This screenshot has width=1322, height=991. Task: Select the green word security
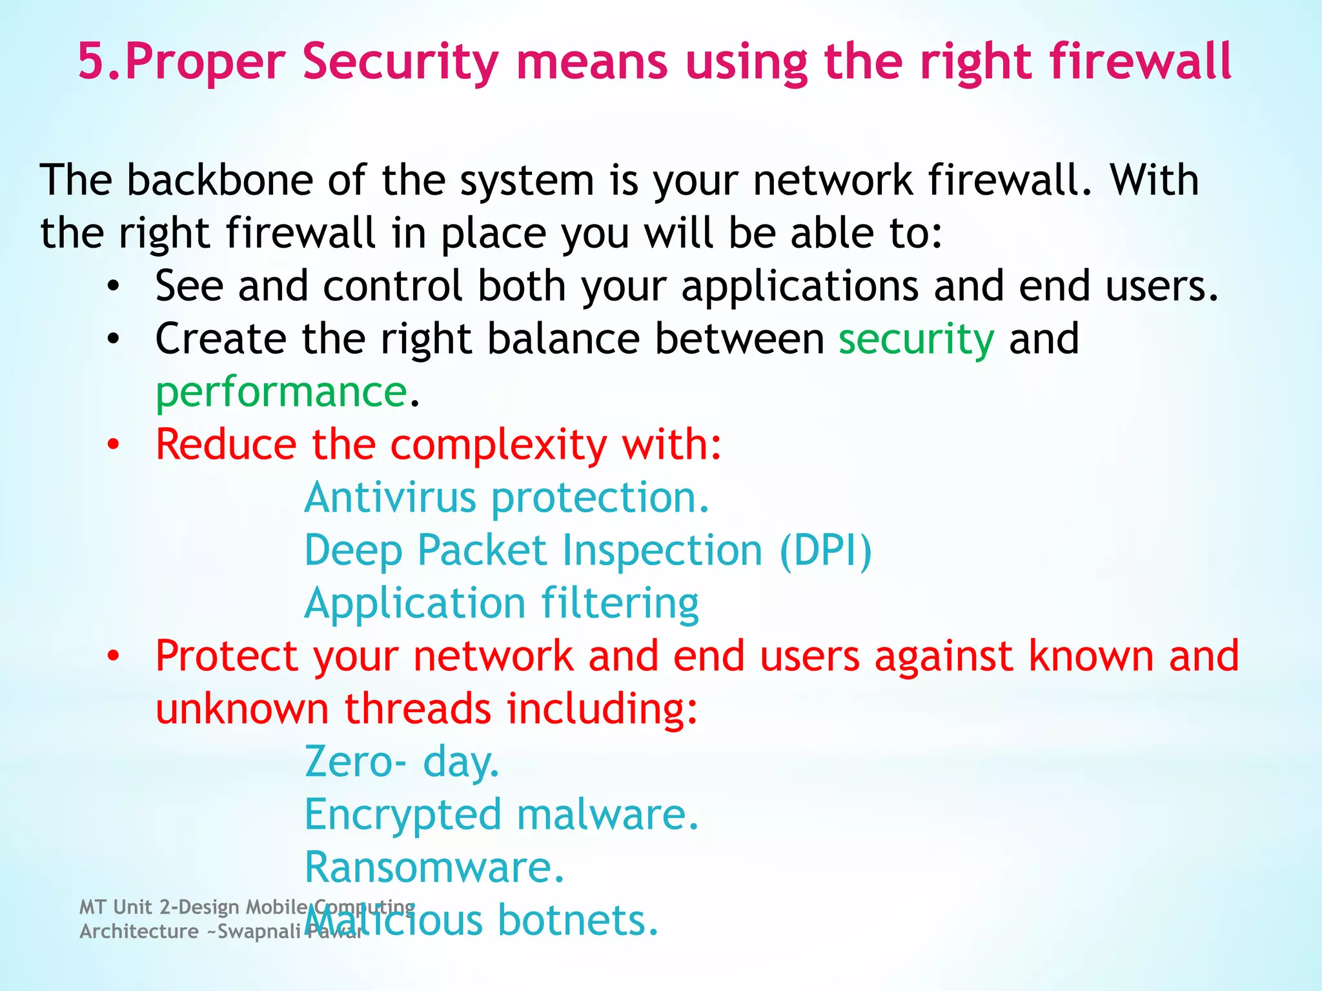click(x=916, y=339)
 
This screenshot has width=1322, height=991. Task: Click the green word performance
click(x=281, y=392)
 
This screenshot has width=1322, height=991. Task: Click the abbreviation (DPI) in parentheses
click(x=826, y=550)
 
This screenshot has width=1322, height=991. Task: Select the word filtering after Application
click(x=620, y=604)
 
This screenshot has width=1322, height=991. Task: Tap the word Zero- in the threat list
click(x=356, y=761)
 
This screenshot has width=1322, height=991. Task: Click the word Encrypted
click(x=403, y=815)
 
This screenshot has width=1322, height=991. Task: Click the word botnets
click(x=578, y=920)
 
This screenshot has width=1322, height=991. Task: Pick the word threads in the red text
click(x=417, y=708)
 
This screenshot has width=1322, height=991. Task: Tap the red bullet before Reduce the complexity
click(x=114, y=445)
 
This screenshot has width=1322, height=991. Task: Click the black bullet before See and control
click(x=114, y=286)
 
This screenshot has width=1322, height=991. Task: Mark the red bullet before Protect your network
click(x=114, y=656)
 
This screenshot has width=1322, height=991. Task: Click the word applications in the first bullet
click(x=800, y=286)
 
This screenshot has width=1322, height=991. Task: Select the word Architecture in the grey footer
click(x=139, y=931)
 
